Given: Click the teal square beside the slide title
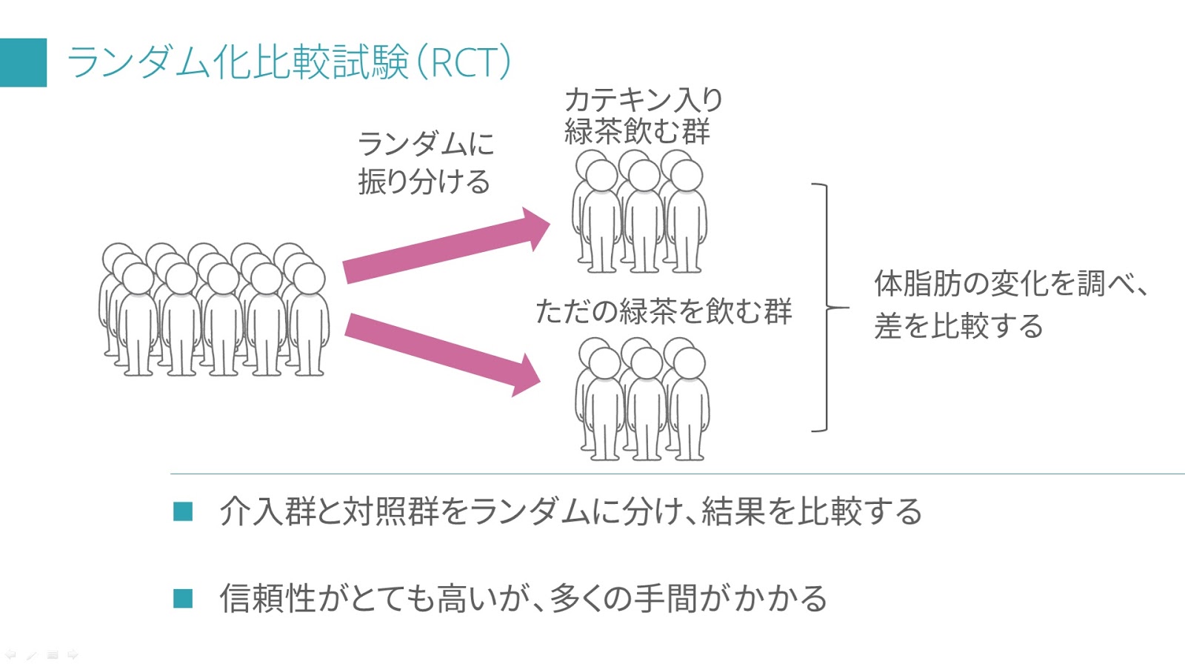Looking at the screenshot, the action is (x=23, y=62).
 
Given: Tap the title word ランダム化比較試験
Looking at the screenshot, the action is (x=238, y=62).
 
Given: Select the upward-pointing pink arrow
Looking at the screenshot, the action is (x=447, y=245).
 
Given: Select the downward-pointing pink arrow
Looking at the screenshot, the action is (x=442, y=355).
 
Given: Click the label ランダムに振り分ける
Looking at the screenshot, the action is (x=426, y=162).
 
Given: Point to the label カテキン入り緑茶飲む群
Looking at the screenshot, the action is (x=644, y=116).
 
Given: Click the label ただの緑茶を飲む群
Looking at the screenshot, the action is (x=664, y=311).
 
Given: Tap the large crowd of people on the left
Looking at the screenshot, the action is (x=214, y=310).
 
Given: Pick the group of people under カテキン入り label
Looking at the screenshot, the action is (x=640, y=211).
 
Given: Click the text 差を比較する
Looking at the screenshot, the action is (x=958, y=325).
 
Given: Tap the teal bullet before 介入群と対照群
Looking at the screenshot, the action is (x=183, y=511).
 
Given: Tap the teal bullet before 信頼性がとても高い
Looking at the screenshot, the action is (x=183, y=598).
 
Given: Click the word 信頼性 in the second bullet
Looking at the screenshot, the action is (x=268, y=598).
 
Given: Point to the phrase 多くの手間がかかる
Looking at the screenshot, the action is (x=688, y=598).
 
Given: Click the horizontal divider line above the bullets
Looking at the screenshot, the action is (x=678, y=474).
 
